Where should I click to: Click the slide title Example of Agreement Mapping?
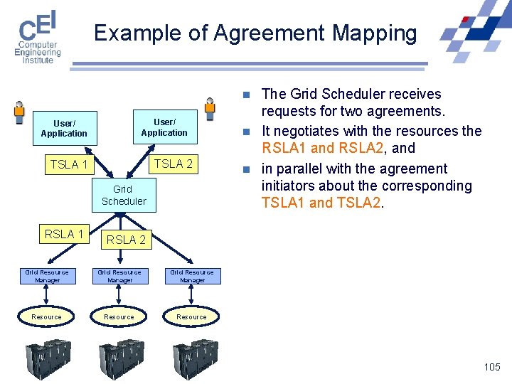pyautogui.click(x=255, y=33)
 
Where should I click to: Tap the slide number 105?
pyautogui.click(x=491, y=367)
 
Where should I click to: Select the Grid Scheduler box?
pyautogui.click(x=124, y=195)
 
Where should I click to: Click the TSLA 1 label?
pyautogui.click(x=69, y=165)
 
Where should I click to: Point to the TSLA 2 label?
pyautogui.click(x=174, y=164)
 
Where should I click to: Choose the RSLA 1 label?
pyautogui.click(x=64, y=234)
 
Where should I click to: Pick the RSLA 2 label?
pyautogui.click(x=126, y=240)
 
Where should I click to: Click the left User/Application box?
pyautogui.click(x=64, y=129)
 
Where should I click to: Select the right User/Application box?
pyautogui.click(x=164, y=127)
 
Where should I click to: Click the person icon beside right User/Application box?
pyautogui.click(x=210, y=109)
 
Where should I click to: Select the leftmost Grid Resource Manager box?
pyautogui.click(x=47, y=276)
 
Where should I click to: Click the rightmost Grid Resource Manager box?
pyautogui.click(x=192, y=276)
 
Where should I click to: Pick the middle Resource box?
pyautogui.click(x=119, y=316)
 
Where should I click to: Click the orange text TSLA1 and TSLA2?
pyautogui.click(x=322, y=203)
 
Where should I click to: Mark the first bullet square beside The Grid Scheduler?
pyautogui.click(x=245, y=95)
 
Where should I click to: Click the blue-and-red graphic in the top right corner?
pyautogui.click(x=474, y=32)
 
